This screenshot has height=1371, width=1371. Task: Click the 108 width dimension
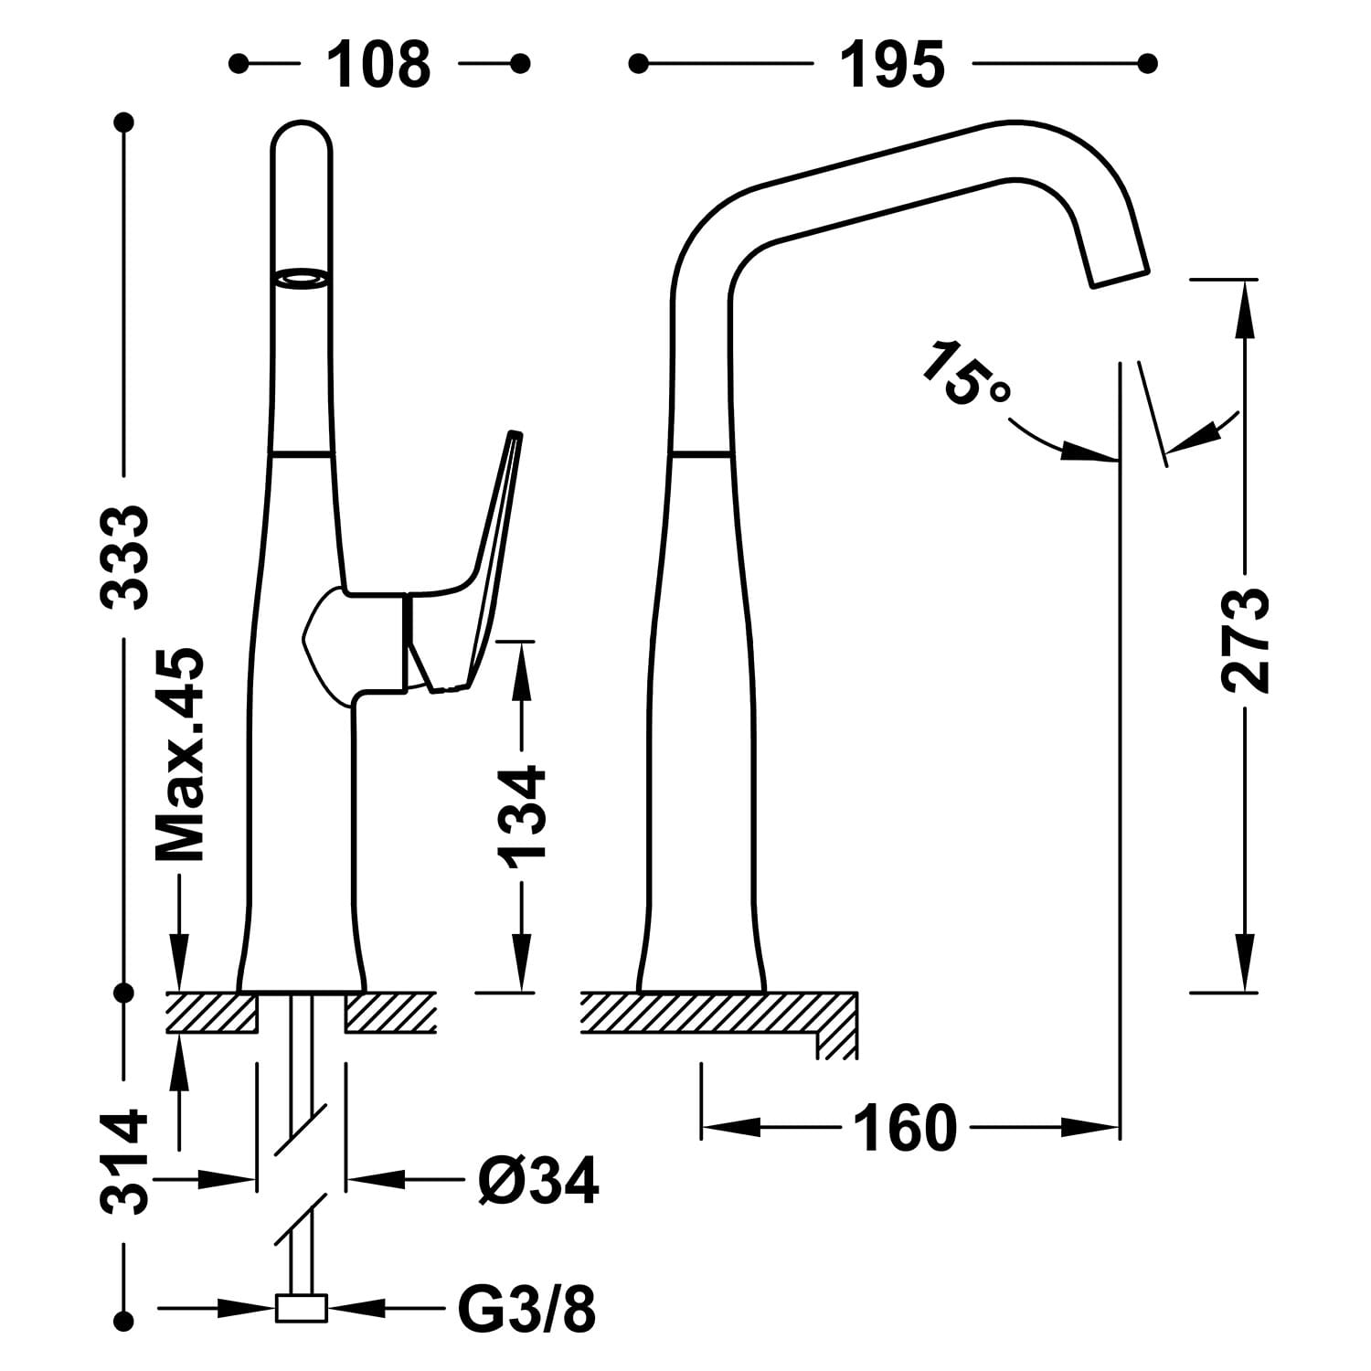(x=378, y=64)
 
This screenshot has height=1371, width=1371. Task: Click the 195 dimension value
(x=892, y=64)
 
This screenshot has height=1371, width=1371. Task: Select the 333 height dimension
(x=124, y=556)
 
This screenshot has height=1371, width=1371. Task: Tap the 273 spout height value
(x=1245, y=640)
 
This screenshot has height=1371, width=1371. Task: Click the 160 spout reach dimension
(x=905, y=1130)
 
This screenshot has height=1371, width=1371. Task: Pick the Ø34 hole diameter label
(x=537, y=1180)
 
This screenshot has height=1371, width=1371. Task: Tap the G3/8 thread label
(x=527, y=1310)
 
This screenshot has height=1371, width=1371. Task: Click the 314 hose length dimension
(x=124, y=1161)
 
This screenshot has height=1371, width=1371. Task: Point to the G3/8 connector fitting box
(x=302, y=1309)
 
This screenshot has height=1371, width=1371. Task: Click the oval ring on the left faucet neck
(x=302, y=280)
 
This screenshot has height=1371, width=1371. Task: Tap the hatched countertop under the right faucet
(x=713, y=1014)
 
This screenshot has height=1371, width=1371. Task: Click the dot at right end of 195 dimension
(x=1149, y=63)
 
